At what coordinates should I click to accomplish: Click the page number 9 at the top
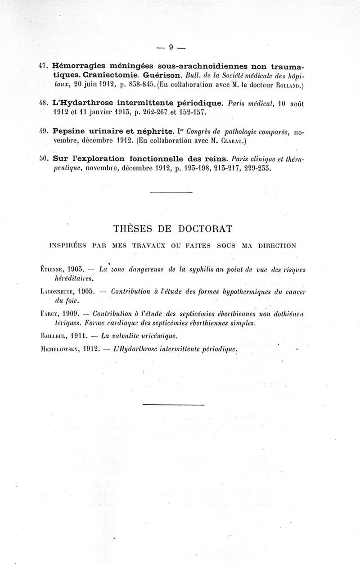pos(171,46)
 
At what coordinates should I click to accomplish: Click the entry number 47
pos(43,65)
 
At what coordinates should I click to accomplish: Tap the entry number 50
pos(43,159)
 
